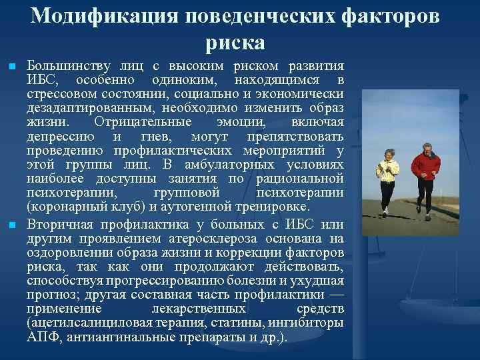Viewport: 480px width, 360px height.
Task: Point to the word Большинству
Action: (x=65, y=67)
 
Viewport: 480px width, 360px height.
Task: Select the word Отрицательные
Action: (x=143, y=122)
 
